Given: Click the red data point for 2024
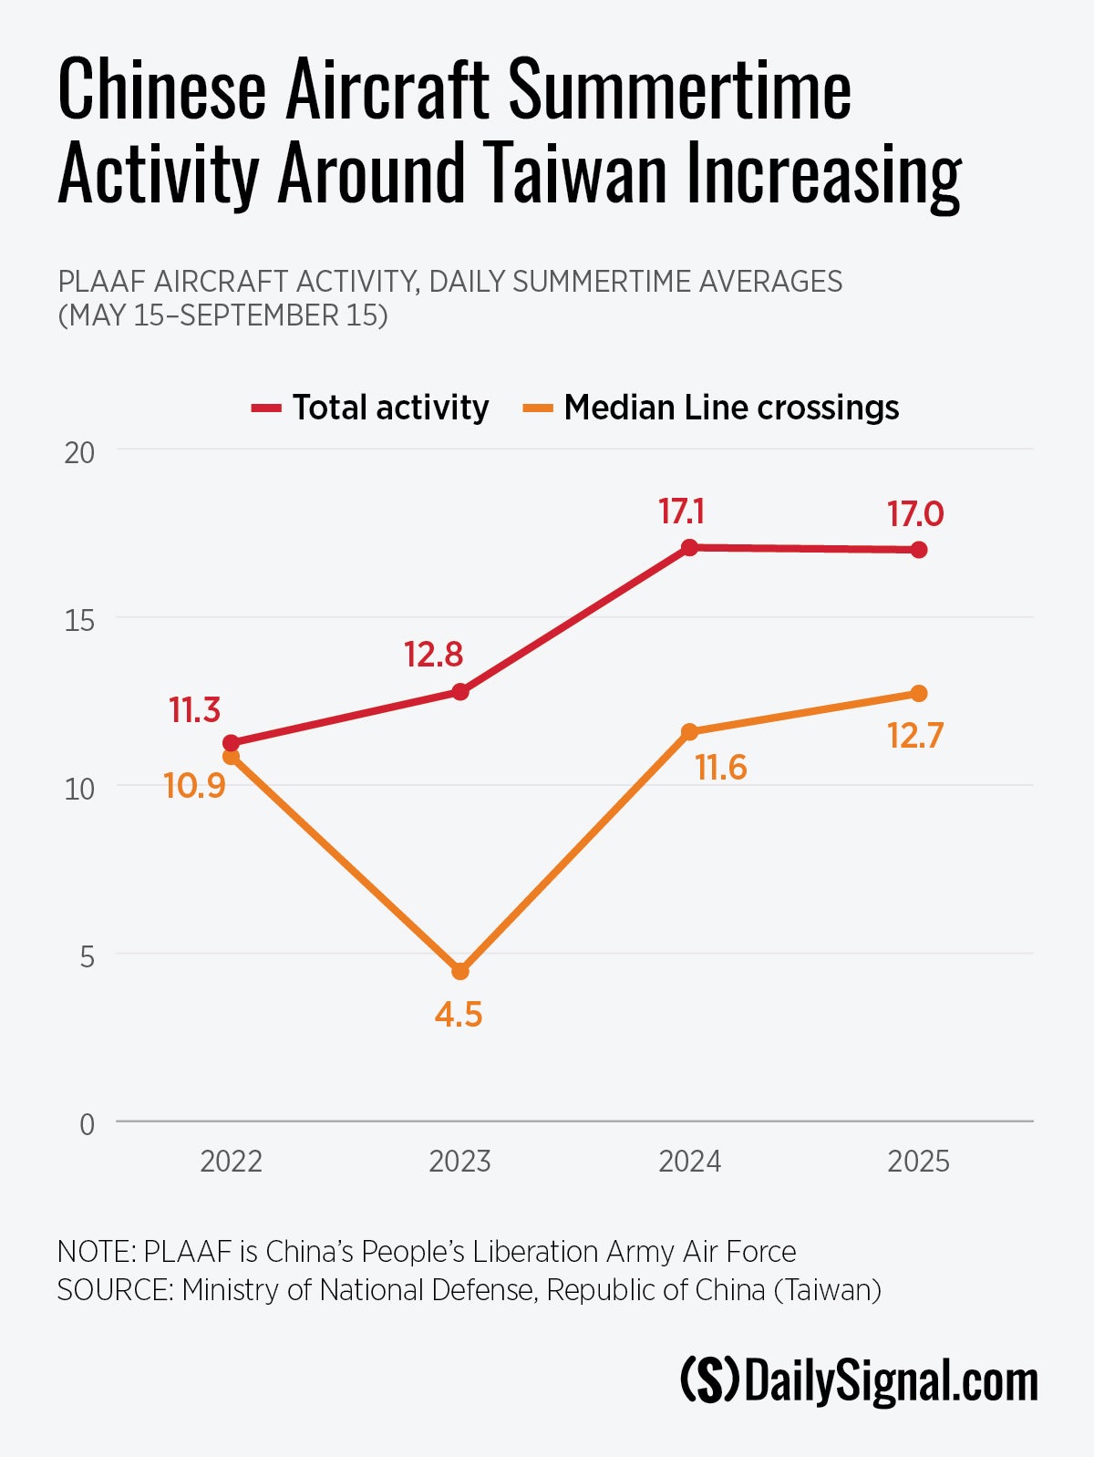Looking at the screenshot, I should coord(690,547).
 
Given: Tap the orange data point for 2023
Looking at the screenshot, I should coord(460,971).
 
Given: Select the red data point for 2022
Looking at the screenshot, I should coord(231,743).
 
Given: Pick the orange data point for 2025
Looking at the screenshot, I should coord(919,694).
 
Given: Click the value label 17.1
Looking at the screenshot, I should coord(681,512).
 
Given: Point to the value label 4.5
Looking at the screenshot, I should coord(458,1015).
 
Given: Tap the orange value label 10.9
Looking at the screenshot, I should coord(194,785).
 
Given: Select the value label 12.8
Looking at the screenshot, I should coord(433,655).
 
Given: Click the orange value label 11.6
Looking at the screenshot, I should coord(720,769).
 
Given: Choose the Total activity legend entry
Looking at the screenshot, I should coord(371,408).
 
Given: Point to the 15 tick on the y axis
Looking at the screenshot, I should coord(79,621).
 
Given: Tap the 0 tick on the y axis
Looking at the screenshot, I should coord(87,1124).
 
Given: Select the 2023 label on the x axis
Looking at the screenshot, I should coord(459,1162).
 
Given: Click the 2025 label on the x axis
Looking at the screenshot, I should coord(918,1162).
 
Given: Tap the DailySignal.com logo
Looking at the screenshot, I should coord(859,1381).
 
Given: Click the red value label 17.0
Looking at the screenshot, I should coord(915,514).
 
